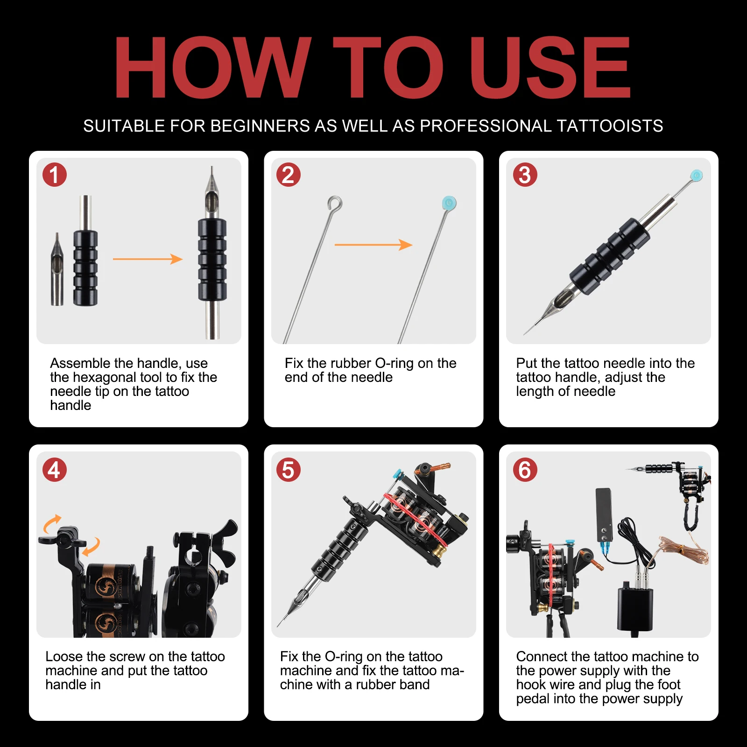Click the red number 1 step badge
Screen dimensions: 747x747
click(x=55, y=175)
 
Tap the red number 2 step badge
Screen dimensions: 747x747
click(x=289, y=175)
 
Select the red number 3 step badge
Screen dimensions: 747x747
click(x=525, y=175)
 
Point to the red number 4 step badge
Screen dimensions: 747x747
click(x=55, y=470)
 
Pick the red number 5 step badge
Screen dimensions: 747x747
click(x=289, y=470)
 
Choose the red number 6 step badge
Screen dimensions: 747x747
click(x=525, y=470)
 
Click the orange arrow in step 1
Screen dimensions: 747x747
click(x=148, y=259)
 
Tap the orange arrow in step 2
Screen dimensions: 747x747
click(x=373, y=245)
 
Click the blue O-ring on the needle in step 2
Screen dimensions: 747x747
click(x=449, y=203)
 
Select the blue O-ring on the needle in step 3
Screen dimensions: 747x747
click(x=697, y=176)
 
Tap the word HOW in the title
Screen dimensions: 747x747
click(x=212, y=68)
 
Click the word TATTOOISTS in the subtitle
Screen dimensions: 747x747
click(x=610, y=126)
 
